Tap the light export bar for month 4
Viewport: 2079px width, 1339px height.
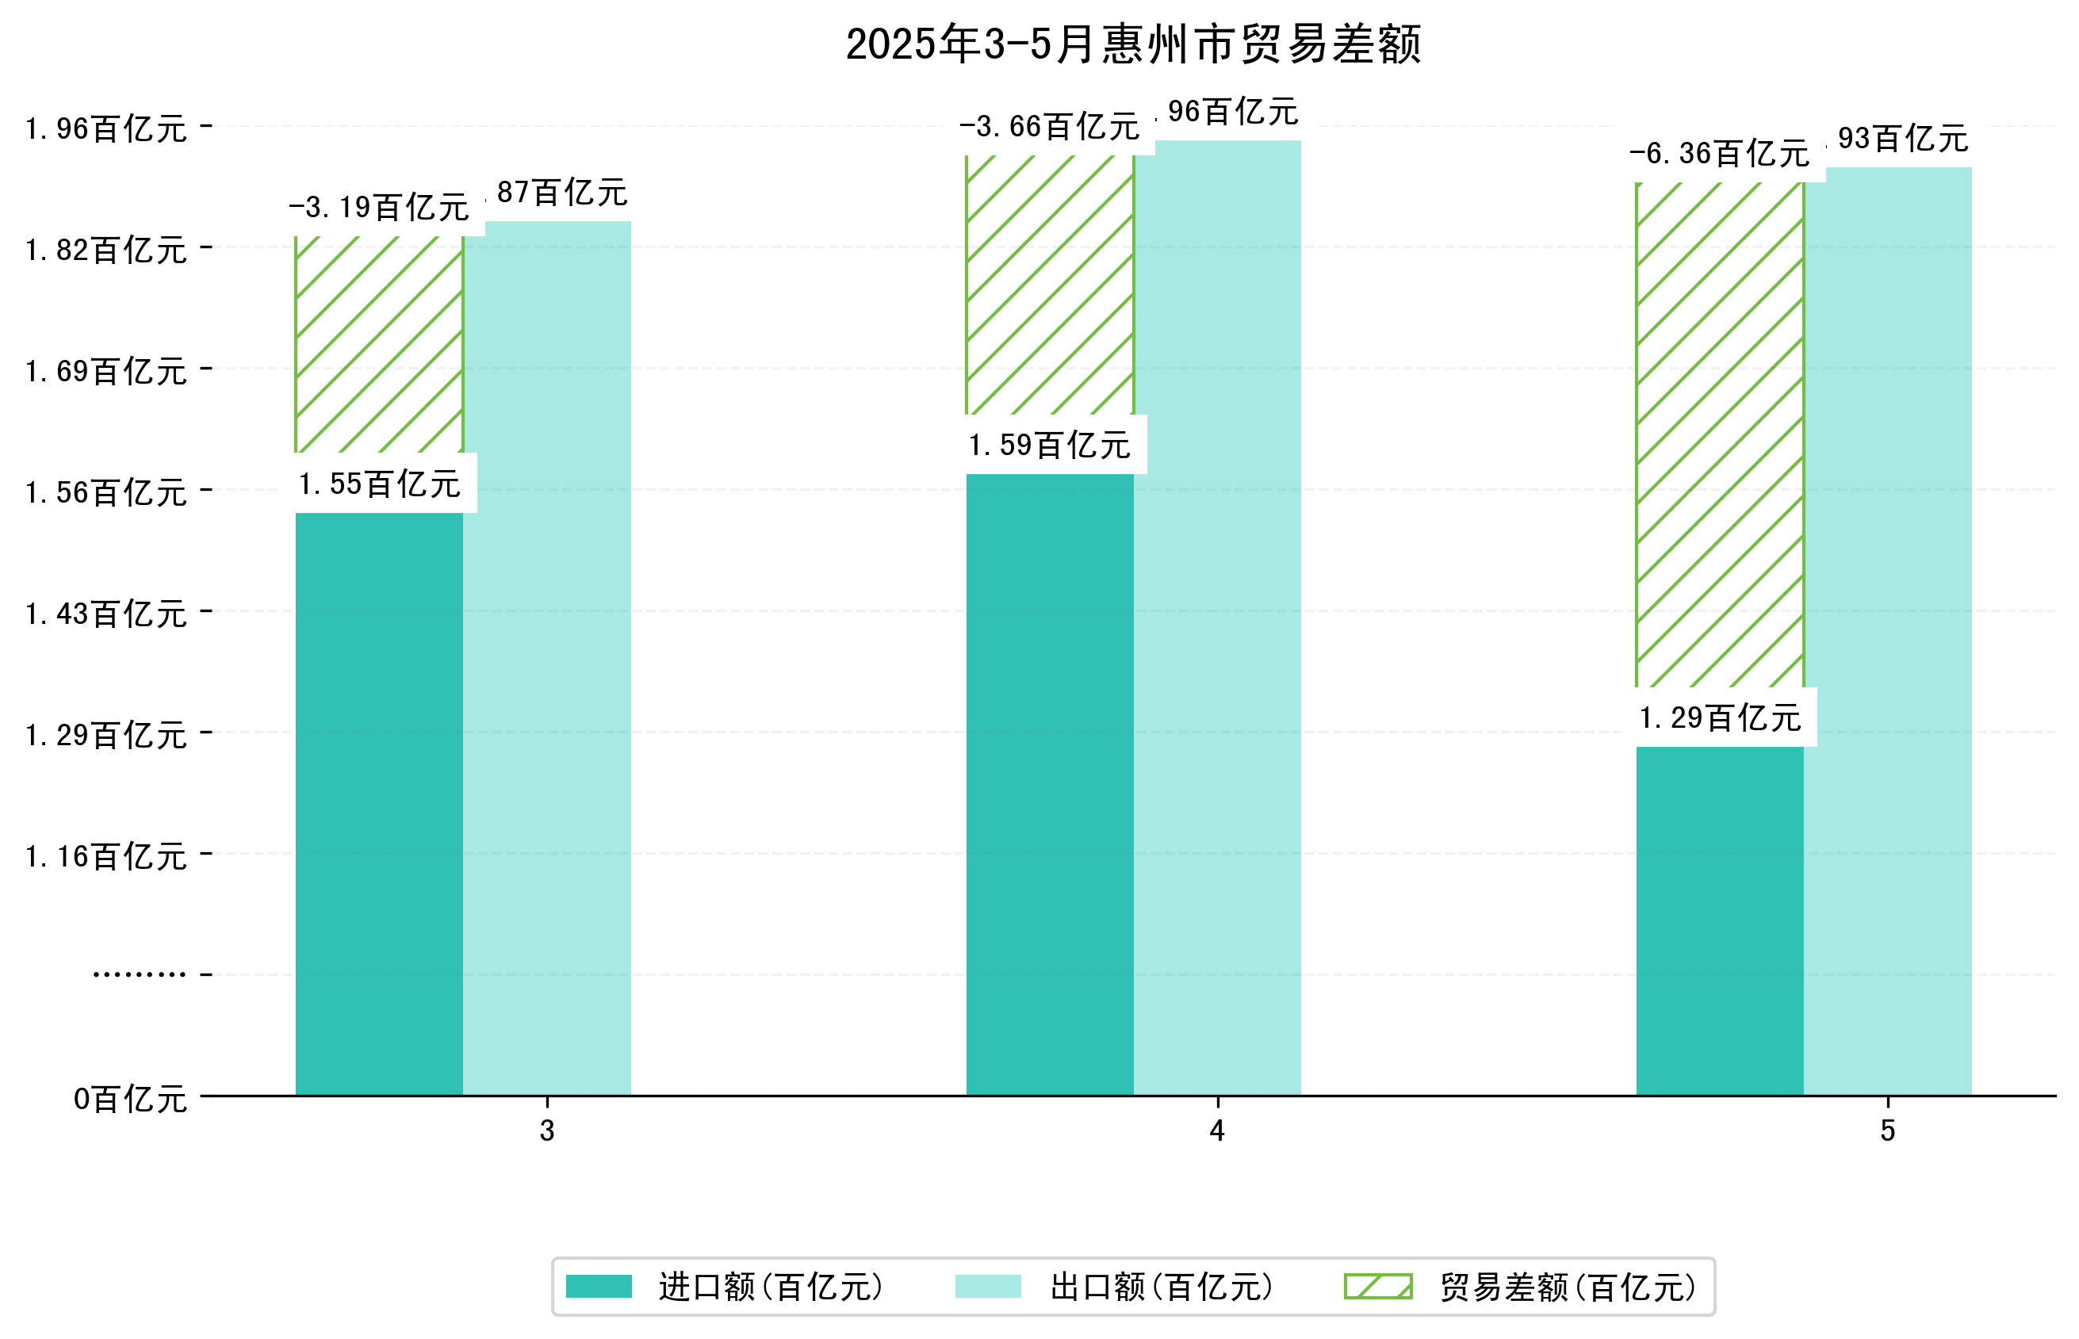click(x=1217, y=618)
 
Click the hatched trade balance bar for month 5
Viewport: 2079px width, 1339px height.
click(x=1719, y=434)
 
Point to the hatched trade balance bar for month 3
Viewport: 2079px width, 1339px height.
click(x=379, y=343)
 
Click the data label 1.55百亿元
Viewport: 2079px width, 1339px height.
click(x=379, y=484)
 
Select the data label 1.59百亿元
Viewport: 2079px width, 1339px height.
click(x=1050, y=446)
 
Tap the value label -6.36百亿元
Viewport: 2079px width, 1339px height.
click(x=1719, y=154)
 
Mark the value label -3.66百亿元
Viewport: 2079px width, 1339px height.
click(x=1050, y=127)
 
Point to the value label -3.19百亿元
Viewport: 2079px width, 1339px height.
click(x=379, y=208)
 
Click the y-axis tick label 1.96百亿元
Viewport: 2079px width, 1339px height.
click(x=106, y=128)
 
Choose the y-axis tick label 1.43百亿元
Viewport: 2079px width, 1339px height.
click(x=106, y=614)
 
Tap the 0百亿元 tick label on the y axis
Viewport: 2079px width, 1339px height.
click(x=130, y=1099)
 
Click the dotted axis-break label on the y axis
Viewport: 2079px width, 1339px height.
click(x=139, y=974)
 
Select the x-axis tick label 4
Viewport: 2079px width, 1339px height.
click(x=1216, y=1130)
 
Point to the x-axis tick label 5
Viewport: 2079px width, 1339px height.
click(x=1887, y=1130)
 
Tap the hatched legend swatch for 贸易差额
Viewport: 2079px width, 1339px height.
click(x=1377, y=1286)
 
